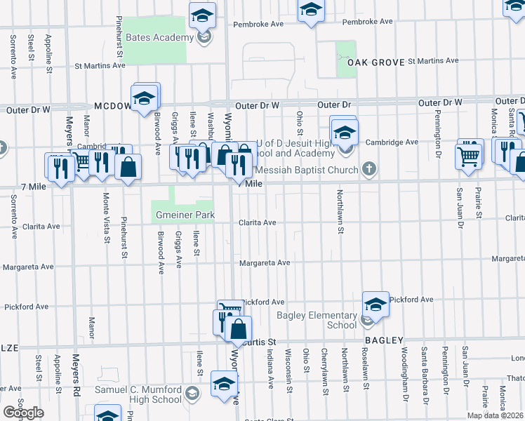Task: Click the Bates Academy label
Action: click(x=159, y=37)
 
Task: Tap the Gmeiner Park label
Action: click(x=183, y=215)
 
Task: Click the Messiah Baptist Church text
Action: click(x=308, y=169)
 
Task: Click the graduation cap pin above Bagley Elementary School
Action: click(x=376, y=305)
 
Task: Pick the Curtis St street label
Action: click(x=260, y=341)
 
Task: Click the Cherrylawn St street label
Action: click(x=324, y=372)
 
